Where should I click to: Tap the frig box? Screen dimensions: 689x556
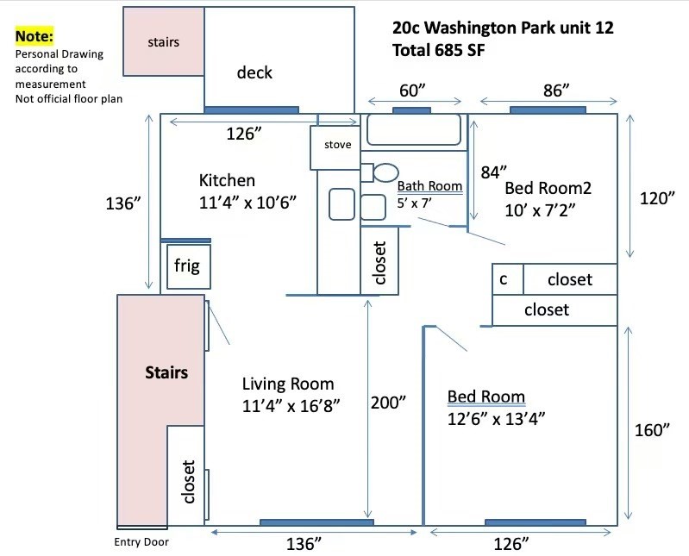[189, 266]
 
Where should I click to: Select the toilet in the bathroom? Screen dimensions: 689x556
[379, 172]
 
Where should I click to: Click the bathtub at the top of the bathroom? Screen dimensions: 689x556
[414, 129]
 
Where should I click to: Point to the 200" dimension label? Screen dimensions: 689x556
[388, 403]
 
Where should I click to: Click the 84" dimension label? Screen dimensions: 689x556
[494, 172]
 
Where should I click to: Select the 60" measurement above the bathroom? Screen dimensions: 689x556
[412, 91]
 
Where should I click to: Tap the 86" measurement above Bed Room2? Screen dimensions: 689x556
[556, 91]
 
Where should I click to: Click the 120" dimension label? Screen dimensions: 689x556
[657, 198]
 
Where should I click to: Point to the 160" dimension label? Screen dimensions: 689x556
[652, 430]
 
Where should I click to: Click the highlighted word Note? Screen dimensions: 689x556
[34, 36]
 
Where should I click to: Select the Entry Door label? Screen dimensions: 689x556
[141, 542]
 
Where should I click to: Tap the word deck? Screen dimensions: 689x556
[254, 72]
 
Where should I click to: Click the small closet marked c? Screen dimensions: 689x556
[508, 279]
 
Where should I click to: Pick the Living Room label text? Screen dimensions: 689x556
[288, 384]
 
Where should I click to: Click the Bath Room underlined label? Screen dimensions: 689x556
[429, 186]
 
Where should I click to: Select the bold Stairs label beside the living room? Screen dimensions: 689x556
[166, 372]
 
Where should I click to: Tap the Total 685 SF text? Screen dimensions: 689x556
[439, 50]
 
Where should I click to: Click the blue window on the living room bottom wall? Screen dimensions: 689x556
[316, 522]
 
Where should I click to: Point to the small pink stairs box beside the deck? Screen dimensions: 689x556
[164, 41]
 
